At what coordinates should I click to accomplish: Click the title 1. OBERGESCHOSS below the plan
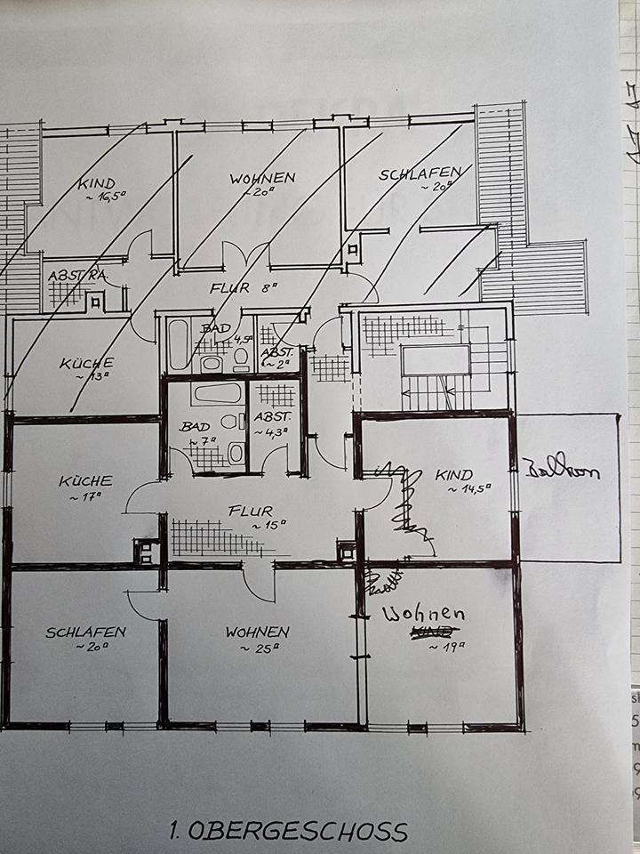pos(289,832)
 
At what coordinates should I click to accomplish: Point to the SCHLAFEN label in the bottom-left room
pos(85,632)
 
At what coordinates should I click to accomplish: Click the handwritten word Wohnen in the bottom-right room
pos(424,615)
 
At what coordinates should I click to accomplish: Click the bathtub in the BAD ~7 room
pos(217,393)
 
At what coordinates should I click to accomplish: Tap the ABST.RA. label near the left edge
pos(77,276)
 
